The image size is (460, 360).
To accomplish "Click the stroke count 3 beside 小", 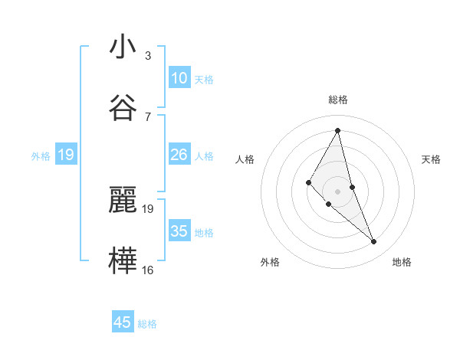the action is pyautogui.click(x=148, y=56).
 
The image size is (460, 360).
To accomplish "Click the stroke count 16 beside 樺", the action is pyautogui.click(x=148, y=270).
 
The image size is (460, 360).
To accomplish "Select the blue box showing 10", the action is pyautogui.click(x=179, y=77).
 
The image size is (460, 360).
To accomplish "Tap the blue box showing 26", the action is pyautogui.click(x=179, y=155).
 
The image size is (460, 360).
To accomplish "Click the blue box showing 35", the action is pyautogui.click(x=179, y=231).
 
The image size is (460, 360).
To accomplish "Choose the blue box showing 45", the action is pyautogui.click(x=123, y=322).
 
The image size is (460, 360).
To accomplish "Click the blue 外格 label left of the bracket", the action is pyautogui.click(x=41, y=155).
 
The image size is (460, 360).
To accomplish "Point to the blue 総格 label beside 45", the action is pyautogui.click(x=147, y=324).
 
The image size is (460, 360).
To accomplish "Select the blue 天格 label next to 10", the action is pyautogui.click(x=204, y=80).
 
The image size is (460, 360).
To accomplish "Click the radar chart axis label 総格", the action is pyautogui.click(x=338, y=100).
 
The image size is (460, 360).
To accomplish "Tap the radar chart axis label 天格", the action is pyautogui.click(x=432, y=159).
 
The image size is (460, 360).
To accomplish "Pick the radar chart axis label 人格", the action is pyautogui.click(x=245, y=159).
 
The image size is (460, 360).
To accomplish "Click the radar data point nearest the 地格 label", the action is pyautogui.click(x=374, y=242).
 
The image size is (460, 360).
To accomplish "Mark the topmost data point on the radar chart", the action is pyautogui.click(x=338, y=130).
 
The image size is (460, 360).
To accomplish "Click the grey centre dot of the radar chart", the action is pyautogui.click(x=338, y=191).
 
